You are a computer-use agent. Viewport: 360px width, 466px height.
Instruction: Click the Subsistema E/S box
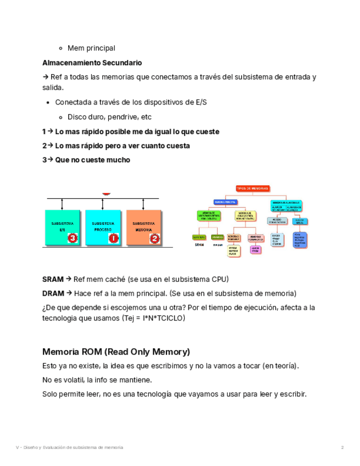tap(62, 228)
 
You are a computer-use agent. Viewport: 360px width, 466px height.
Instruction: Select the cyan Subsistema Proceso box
tap(103, 228)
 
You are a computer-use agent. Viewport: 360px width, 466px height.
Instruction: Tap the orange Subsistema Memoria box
tap(144, 228)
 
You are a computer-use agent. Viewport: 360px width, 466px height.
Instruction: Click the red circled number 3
tap(73, 238)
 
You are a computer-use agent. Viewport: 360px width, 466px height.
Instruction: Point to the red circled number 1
tap(114, 238)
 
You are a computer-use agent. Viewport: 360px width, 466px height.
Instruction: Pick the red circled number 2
tap(154, 238)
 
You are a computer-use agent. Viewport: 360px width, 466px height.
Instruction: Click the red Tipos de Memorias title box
tap(253, 188)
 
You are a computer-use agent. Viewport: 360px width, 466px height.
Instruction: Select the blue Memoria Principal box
tap(227, 202)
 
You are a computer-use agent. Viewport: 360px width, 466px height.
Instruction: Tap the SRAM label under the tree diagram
tap(199, 245)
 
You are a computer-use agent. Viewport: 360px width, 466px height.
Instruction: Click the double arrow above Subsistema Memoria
tap(143, 204)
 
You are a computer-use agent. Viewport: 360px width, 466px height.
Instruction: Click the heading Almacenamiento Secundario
tap(92, 63)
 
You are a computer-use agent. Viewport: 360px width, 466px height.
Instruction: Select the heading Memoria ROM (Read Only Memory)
tap(116, 352)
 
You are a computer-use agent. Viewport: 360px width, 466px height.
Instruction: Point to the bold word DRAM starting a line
tap(53, 293)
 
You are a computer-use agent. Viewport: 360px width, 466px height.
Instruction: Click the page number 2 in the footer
tap(342, 447)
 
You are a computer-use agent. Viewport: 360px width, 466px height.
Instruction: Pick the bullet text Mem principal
tap(91, 48)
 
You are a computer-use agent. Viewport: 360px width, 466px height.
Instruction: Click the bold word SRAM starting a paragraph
tap(53, 279)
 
